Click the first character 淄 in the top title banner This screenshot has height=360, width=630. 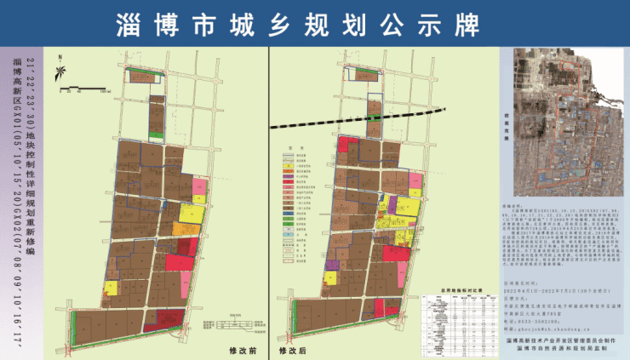(129, 25)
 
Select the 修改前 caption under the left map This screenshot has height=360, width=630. (243, 349)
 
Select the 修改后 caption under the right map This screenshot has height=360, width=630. (463, 349)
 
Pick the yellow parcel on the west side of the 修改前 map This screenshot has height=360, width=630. (112, 288)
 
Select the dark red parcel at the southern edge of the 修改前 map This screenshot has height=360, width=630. (181, 261)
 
